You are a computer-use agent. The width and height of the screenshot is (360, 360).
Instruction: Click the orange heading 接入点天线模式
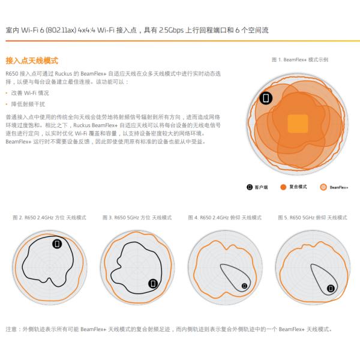[32, 61]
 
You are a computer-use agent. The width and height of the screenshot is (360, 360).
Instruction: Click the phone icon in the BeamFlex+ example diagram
[266, 98]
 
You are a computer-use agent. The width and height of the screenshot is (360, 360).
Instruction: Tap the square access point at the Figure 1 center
[298, 124]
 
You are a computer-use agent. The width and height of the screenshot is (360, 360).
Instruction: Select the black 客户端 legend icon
[250, 187]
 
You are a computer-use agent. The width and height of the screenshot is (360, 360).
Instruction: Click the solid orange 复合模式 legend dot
[283, 187]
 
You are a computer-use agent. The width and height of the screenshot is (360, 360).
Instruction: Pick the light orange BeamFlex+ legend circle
[323, 187]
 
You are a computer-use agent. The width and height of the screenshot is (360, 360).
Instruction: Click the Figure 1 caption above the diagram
[300, 60]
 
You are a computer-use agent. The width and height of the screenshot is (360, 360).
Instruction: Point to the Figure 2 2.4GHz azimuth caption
[49, 217]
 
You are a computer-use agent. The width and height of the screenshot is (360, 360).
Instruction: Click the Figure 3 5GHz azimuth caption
[137, 217]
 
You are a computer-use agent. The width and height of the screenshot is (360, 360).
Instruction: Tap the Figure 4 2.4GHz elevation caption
[225, 217]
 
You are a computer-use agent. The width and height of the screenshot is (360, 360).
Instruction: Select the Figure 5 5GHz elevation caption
[313, 217]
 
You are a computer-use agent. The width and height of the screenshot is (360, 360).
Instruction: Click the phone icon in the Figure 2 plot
[57, 244]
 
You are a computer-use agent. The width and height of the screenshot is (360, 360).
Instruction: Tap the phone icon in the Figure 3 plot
[153, 284]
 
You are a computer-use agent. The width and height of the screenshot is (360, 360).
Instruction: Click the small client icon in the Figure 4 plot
[245, 286]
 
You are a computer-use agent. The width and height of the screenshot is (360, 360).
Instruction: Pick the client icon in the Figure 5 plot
[331, 288]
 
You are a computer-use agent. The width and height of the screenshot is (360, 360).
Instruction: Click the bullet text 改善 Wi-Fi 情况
[30, 93]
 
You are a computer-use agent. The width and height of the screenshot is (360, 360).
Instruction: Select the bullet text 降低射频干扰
[28, 104]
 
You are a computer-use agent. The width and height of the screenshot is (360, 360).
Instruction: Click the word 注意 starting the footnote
[11, 329]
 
